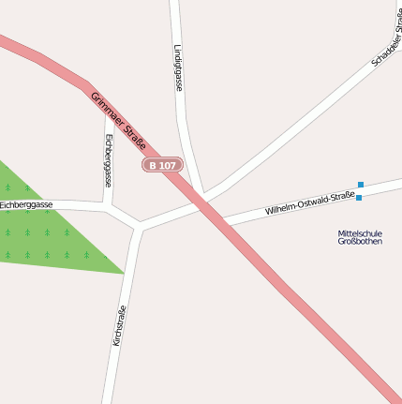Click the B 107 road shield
tap(162, 165)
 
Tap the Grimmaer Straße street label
tap(118, 121)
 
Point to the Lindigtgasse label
tap(178, 67)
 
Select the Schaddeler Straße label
tap(386, 37)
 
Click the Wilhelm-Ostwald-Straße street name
tap(309, 203)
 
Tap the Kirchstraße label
tap(119, 326)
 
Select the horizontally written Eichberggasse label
tap(26, 204)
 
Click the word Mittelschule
tap(360, 232)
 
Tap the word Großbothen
tap(360, 241)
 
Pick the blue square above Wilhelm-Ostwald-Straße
tap(361, 185)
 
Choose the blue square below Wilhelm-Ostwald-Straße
tap(359, 198)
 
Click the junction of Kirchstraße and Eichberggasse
tap(139, 226)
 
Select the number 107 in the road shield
tap(167, 165)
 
